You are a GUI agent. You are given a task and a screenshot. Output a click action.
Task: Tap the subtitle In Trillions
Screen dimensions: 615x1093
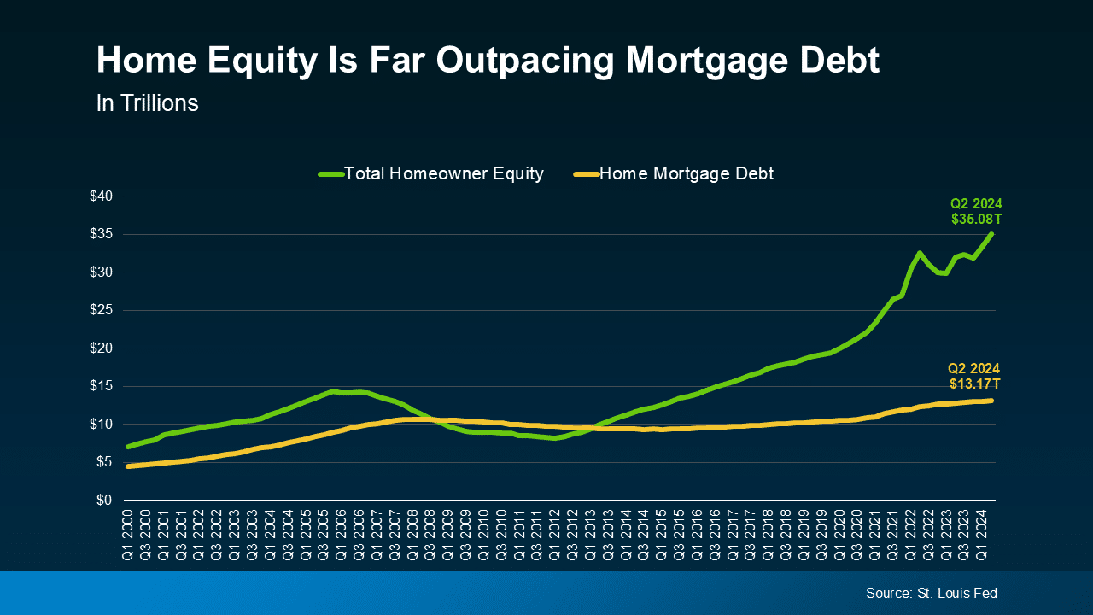pos(147,103)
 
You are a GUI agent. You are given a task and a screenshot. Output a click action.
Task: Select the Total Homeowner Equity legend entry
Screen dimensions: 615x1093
pos(442,173)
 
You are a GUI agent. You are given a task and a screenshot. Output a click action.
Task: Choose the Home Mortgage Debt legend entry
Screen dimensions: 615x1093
pos(686,173)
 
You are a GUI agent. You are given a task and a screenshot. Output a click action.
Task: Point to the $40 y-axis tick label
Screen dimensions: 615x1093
pos(102,196)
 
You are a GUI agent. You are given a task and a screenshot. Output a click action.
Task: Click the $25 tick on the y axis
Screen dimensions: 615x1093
pos(102,310)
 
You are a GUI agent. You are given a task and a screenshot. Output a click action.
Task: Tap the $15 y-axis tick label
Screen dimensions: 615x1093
pos(102,386)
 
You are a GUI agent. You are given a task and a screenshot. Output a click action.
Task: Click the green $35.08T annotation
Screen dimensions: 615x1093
pos(977,219)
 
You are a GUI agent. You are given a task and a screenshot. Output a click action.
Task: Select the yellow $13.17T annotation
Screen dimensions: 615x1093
pos(974,384)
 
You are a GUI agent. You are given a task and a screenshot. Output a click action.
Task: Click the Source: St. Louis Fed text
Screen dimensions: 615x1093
pos(931,593)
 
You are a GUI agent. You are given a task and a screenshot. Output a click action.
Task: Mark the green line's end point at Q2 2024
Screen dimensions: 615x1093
pos(991,234)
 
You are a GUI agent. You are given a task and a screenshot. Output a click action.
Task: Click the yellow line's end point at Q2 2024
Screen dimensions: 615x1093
pos(991,400)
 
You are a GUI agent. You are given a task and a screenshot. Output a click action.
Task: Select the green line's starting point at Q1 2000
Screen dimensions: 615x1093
pos(128,447)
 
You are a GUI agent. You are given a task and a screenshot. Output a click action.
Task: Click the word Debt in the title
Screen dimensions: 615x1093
pos(835,61)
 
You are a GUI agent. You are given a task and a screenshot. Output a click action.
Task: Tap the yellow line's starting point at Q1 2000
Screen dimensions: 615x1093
pos(128,466)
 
